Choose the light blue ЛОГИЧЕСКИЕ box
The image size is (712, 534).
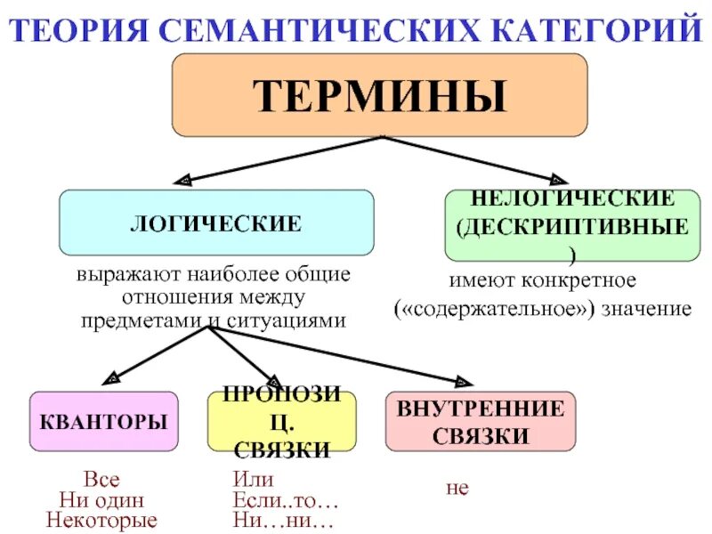(216, 222)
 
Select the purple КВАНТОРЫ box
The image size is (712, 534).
(103, 421)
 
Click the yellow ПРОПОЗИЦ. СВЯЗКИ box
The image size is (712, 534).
(281, 421)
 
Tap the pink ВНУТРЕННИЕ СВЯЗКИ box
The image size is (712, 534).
(480, 421)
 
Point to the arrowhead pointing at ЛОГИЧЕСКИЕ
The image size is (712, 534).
(182, 181)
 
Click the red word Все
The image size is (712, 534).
(101, 481)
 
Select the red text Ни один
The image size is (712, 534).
(101, 500)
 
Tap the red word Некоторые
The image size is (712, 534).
(101, 520)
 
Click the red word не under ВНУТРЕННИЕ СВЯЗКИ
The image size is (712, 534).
(457, 489)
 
